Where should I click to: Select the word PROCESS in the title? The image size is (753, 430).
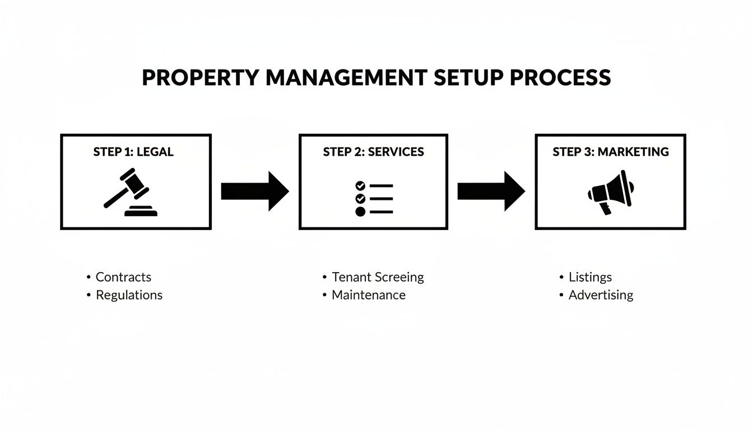560,78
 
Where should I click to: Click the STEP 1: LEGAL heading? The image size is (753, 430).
133,152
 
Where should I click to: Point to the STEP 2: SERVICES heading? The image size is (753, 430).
373,152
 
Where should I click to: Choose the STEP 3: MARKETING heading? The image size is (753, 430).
610,152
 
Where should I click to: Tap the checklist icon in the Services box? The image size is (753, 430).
374,198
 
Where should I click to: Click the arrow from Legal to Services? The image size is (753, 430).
255,191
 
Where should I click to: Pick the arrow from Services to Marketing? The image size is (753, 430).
491,191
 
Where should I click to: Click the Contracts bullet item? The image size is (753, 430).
123,277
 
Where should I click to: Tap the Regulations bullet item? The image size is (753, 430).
129,295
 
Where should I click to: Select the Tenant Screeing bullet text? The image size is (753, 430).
378,277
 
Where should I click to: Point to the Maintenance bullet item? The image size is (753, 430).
368,295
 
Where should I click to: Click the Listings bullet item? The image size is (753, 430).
590,277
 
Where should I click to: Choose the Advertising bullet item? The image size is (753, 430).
601,295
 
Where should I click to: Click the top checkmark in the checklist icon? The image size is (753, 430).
360,185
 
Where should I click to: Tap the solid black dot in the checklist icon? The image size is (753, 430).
360,212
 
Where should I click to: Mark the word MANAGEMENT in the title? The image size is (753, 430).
346,78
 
